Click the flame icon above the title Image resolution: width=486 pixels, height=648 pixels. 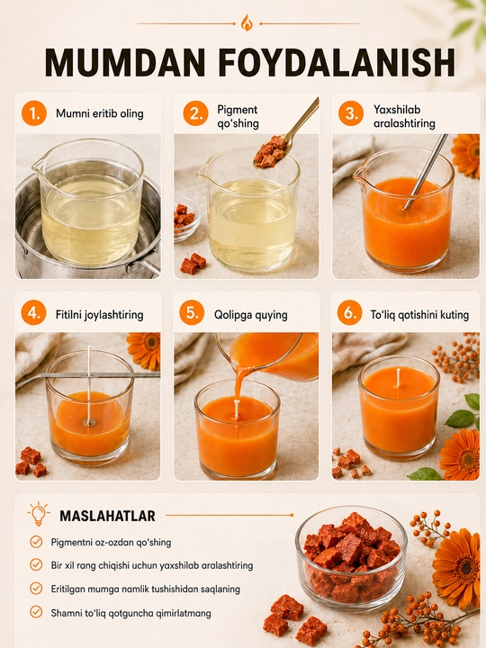pos(247,23)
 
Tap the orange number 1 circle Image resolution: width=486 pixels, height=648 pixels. pos(34,113)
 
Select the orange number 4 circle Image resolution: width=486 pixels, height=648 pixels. pos(33,313)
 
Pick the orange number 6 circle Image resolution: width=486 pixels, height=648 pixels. pos(349,313)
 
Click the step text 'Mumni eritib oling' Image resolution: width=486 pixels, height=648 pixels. pos(100,113)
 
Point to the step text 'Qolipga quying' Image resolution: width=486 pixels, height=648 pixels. pos(251,314)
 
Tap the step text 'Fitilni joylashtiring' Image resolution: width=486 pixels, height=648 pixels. pos(100,315)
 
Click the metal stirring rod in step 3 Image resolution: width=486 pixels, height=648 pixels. pos(426,171)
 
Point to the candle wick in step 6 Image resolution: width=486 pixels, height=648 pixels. pos(398,378)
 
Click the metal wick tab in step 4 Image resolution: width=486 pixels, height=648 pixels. pos(89,422)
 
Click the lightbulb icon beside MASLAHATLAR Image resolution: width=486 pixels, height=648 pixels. pos(39,514)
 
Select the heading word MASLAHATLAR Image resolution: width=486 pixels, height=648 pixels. pos(107,516)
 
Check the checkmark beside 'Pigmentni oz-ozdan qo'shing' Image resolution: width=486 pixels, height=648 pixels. pos(36,542)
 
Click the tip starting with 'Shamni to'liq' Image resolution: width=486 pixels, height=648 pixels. pos(131,613)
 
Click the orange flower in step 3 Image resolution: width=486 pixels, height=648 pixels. pos(466,156)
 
